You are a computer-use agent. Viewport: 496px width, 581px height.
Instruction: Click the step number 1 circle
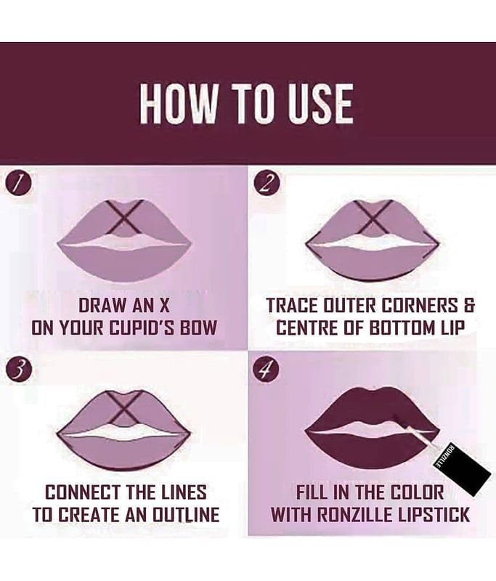tap(16, 184)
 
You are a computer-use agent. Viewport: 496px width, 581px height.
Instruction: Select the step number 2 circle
tap(265, 184)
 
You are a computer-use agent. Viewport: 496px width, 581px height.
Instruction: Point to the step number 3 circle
tap(16, 370)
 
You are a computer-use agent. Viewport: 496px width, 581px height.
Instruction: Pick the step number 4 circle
tap(264, 370)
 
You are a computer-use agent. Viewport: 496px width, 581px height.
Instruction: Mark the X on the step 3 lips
tap(125, 407)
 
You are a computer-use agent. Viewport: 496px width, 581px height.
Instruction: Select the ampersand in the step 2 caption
tap(468, 306)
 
